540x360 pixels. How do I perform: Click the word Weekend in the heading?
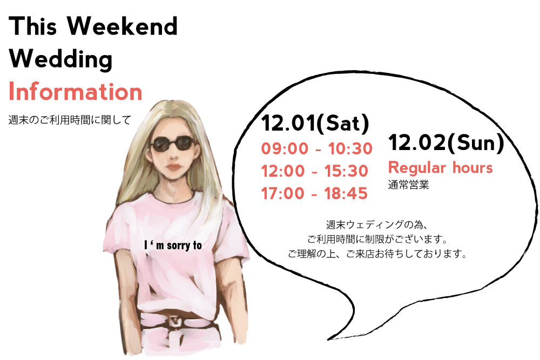click(122, 26)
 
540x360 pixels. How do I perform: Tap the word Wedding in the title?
click(60, 59)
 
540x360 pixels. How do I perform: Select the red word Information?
click(76, 92)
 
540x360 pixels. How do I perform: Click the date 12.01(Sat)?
click(315, 123)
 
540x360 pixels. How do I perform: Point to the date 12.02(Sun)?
click(446, 142)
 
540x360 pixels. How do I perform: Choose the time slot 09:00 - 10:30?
click(317, 148)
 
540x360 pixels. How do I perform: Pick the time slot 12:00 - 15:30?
click(314, 171)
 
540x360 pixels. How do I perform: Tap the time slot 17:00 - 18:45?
click(314, 193)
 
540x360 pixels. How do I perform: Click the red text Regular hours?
click(441, 168)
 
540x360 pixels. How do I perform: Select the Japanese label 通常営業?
click(408, 185)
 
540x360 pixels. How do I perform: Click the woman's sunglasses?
click(172, 144)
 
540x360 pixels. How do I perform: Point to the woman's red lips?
click(174, 168)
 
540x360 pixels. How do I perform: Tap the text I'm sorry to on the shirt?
click(173, 246)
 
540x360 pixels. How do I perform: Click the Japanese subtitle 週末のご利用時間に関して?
click(70, 120)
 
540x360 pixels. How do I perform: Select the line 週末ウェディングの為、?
click(377, 225)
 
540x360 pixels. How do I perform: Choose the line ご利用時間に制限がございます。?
click(377, 239)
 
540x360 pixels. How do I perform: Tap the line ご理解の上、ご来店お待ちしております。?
click(377, 254)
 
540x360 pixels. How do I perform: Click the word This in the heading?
click(33, 26)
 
